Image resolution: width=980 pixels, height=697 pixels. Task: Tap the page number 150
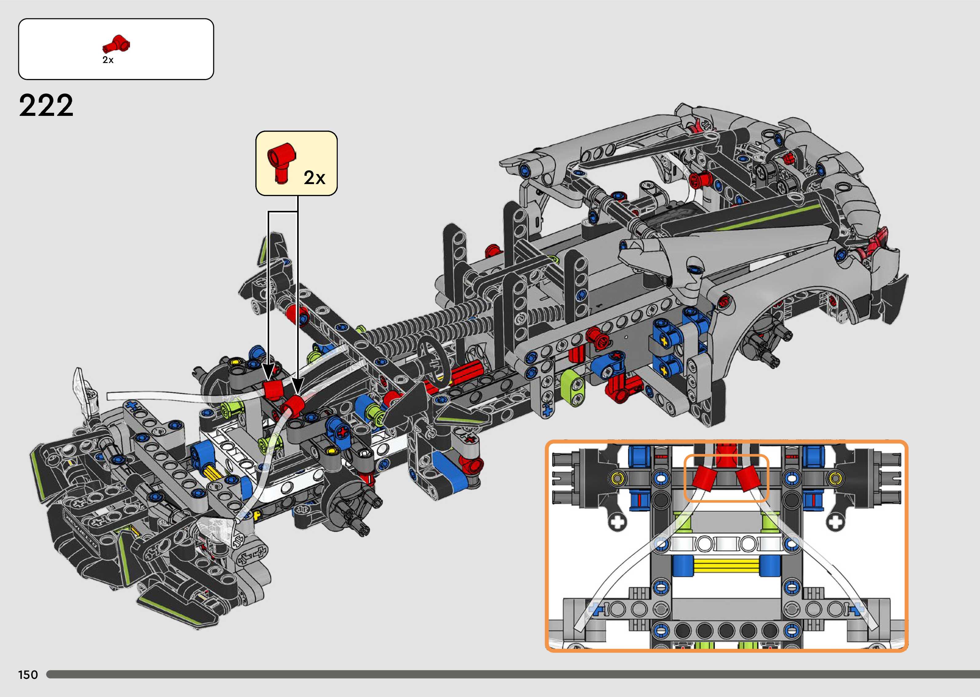pyautogui.click(x=28, y=675)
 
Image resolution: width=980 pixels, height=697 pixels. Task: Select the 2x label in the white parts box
pyautogui.click(x=108, y=60)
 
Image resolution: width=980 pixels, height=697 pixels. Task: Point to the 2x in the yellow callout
pyautogui.click(x=314, y=177)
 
